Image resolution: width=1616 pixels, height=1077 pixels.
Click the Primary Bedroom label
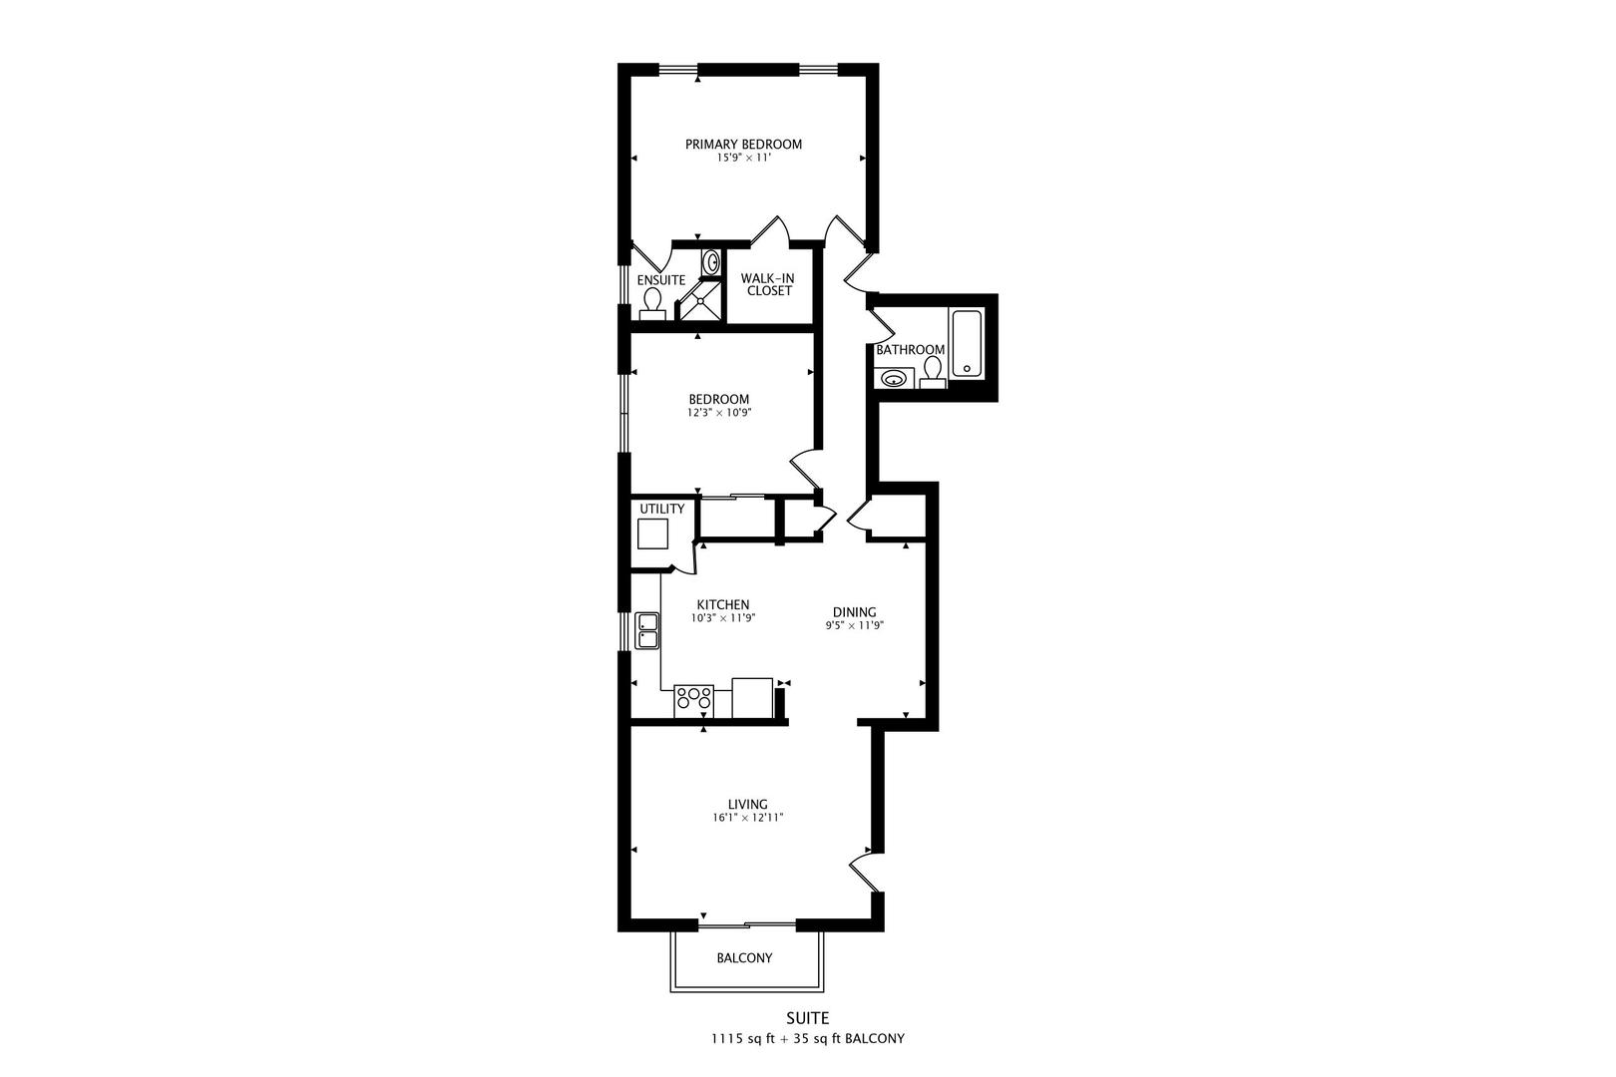pos(743,145)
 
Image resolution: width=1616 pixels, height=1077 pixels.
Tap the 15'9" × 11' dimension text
pos(743,158)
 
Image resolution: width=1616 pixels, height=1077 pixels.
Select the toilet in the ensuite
pos(653,304)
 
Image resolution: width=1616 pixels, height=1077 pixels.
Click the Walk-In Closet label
pos(769,284)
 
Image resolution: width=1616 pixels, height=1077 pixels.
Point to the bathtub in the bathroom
pos(967,343)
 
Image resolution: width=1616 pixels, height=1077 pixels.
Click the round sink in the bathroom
pos(894,378)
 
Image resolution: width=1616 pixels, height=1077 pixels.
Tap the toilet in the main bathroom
pos(933,373)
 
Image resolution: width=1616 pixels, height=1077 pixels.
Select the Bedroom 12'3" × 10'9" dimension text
pos(718,413)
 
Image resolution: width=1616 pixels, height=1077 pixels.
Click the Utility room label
pos(661,509)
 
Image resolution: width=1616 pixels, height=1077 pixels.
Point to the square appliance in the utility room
pos(653,534)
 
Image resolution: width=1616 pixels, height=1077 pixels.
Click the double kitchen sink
pos(647,631)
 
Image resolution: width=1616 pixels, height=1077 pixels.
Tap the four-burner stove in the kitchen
pos(693,701)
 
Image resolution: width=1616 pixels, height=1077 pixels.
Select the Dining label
pos(854,612)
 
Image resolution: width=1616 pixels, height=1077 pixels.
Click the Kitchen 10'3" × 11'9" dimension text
pos(723,618)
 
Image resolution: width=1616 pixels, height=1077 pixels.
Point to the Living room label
pos(747,805)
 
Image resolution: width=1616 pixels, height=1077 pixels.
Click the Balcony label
pos(744,958)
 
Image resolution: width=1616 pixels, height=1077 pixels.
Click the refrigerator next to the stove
pos(752,698)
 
